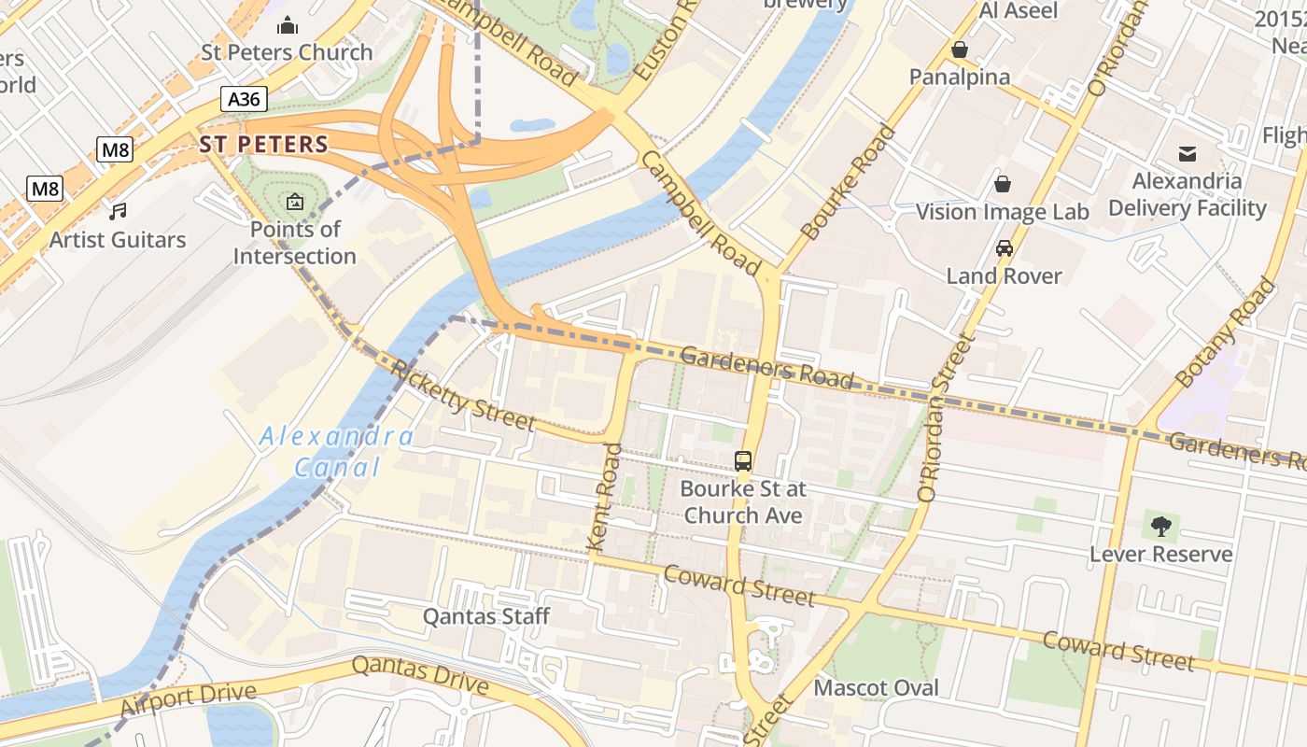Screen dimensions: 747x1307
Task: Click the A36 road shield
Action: tap(245, 98)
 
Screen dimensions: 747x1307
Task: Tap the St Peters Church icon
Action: tap(288, 25)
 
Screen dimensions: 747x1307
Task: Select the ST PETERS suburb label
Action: tap(263, 144)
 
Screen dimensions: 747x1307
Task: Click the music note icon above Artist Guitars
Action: tap(118, 212)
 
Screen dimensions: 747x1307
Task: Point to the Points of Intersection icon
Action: tap(294, 201)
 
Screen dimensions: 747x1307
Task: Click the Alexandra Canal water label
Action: tap(336, 451)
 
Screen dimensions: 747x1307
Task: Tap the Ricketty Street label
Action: tap(464, 396)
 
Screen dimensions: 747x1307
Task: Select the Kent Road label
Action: tap(605, 496)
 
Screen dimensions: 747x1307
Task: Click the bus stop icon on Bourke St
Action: tap(743, 460)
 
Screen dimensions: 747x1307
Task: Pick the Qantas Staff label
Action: tap(486, 616)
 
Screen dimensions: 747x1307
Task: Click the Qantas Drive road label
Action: tap(420, 675)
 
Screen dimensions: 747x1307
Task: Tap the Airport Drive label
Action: tap(188, 698)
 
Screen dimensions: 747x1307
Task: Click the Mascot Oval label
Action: tap(876, 688)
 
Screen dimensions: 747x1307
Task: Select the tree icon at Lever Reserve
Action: tap(1161, 527)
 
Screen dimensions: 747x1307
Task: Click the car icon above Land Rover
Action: tap(1005, 248)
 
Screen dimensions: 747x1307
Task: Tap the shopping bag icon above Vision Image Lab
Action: tap(1002, 183)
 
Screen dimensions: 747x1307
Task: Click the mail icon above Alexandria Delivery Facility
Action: tap(1187, 153)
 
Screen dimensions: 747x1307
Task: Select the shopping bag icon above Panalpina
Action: tap(959, 49)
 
